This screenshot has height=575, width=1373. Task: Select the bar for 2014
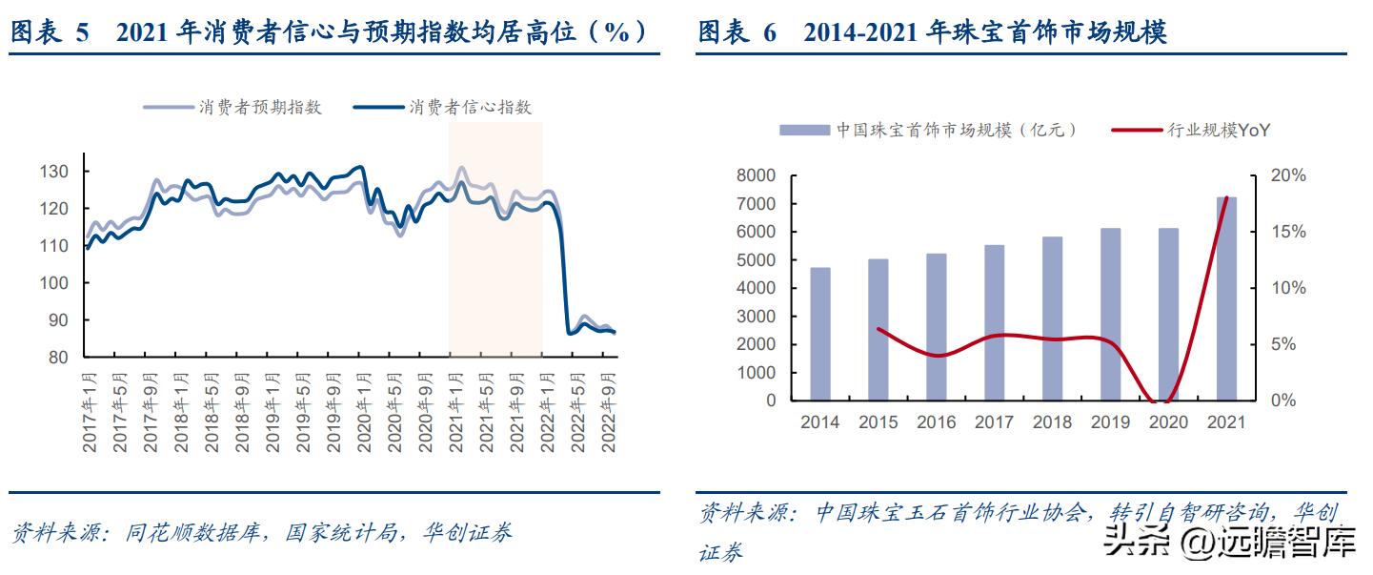tap(820, 334)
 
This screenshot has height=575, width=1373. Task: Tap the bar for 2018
tap(1052, 318)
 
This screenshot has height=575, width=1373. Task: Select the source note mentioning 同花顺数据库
tap(262, 532)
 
